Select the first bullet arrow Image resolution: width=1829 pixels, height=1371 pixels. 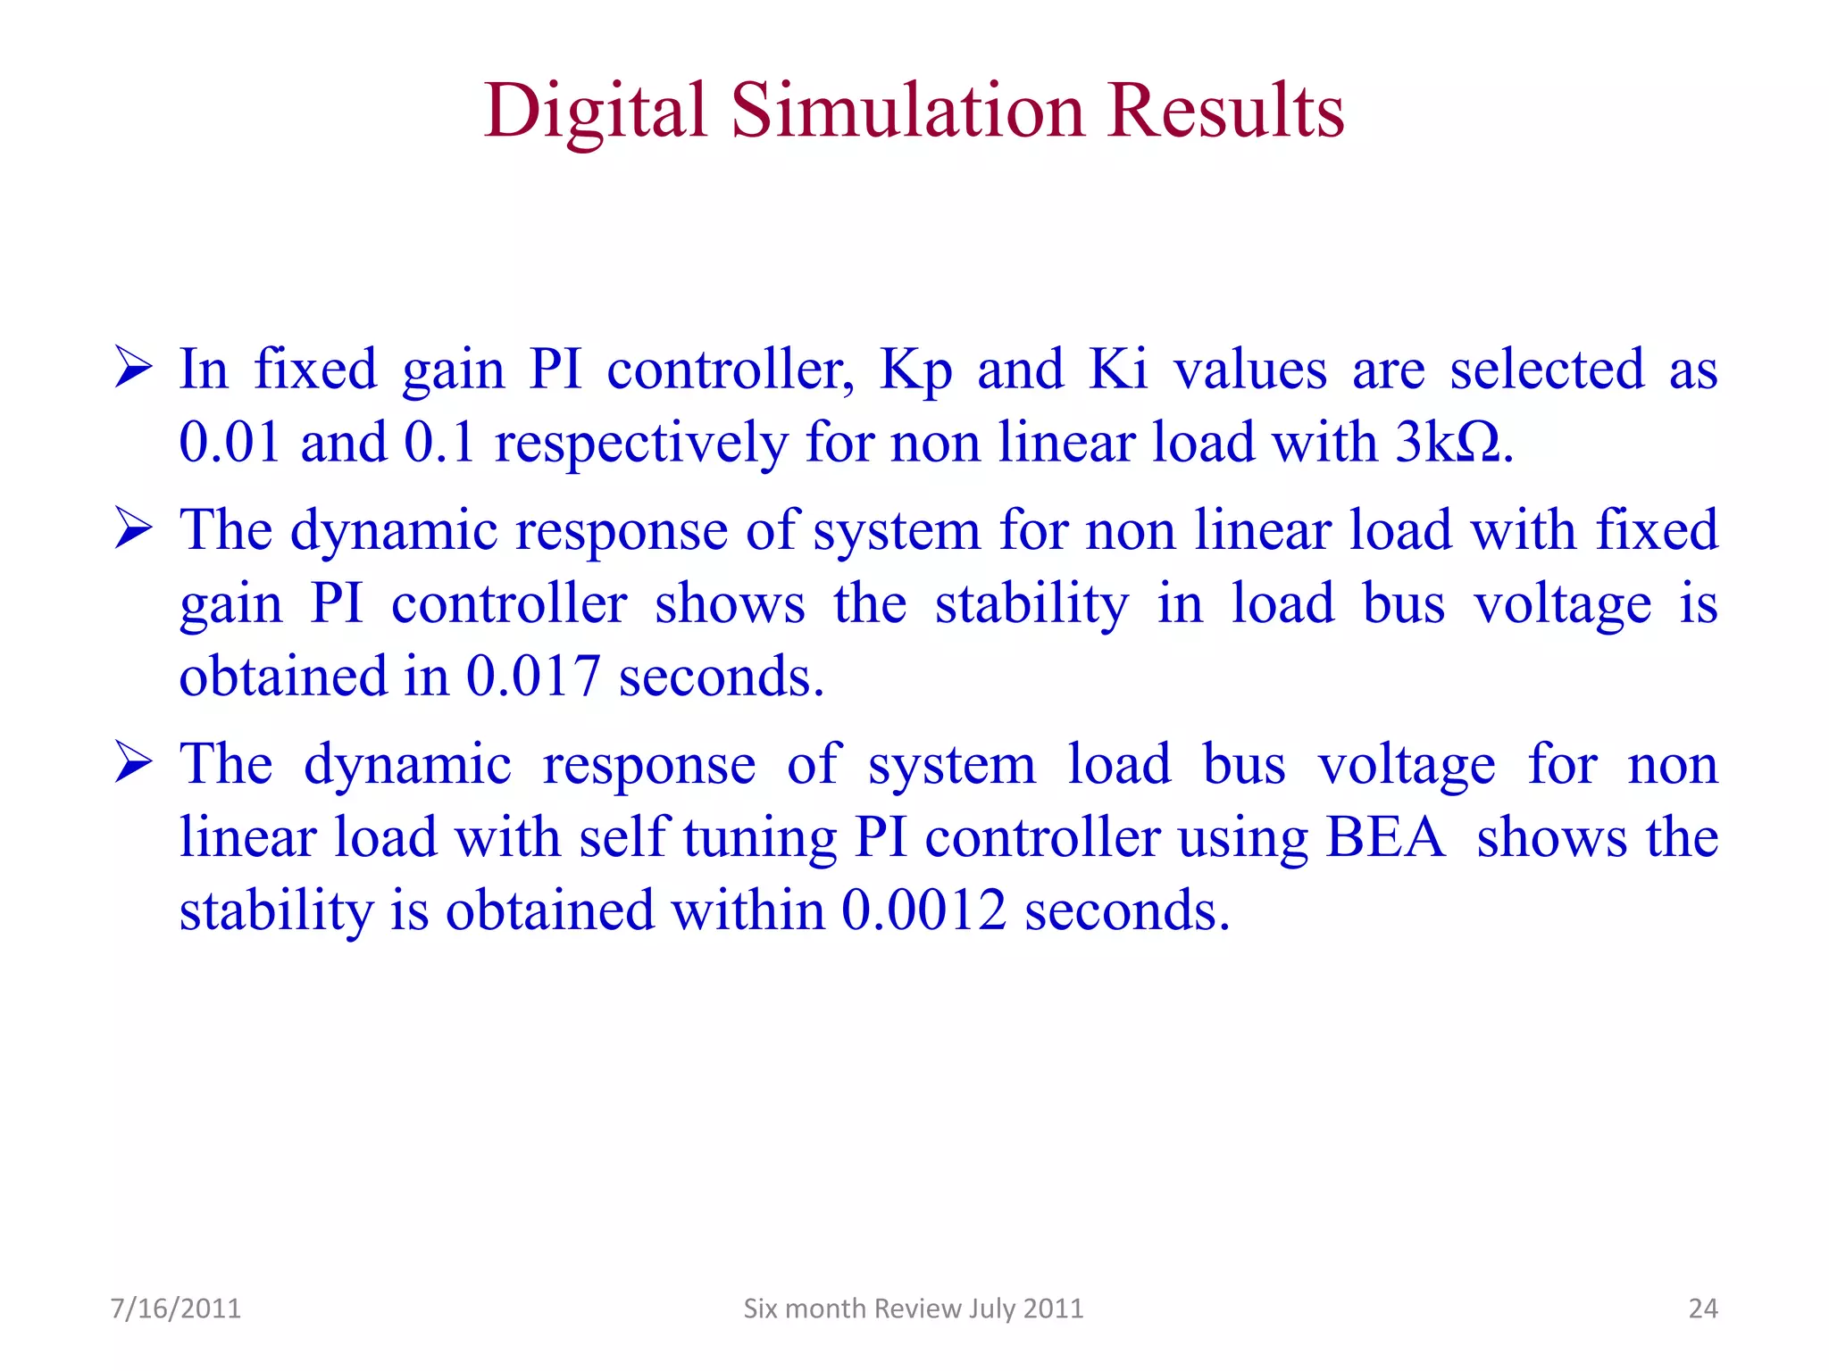[x=134, y=369]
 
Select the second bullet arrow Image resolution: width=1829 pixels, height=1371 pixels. [x=134, y=529]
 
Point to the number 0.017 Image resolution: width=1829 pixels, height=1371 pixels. [x=532, y=676]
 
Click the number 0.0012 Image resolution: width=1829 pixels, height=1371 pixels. [x=923, y=910]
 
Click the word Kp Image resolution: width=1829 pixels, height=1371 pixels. [x=915, y=370]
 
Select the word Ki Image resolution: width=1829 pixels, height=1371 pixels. [x=1117, y=369]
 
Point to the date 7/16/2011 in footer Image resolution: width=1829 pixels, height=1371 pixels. [x=176, y=1309]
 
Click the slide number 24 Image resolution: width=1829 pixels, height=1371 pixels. [x=1702, y=1309]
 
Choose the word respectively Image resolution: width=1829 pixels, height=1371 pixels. [x=641, y=444]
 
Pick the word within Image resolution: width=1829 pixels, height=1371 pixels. [x=748, y=910]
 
